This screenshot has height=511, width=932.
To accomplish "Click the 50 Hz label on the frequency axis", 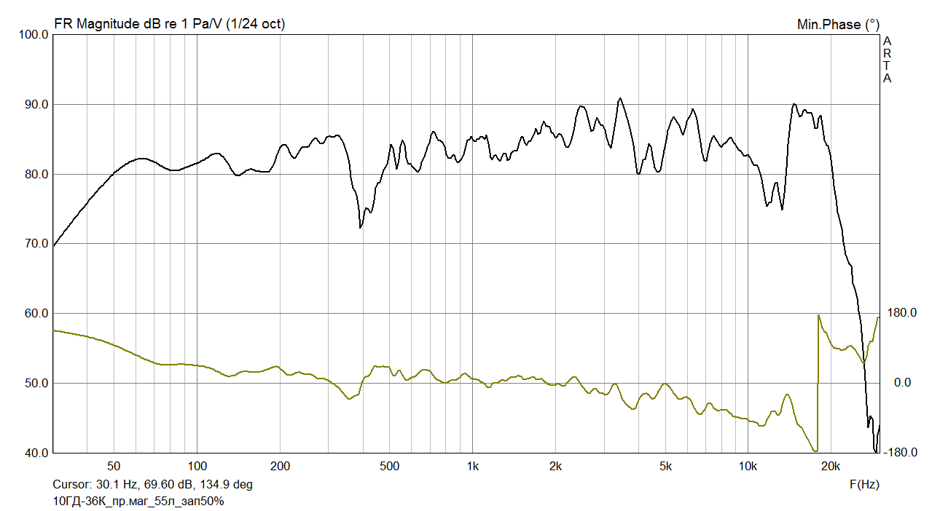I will pyautogui.click(x=113, y=466).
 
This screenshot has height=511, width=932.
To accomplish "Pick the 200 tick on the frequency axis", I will pyautogui.click(x=280, y=466).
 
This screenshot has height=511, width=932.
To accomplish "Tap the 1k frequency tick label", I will pyautogui.click(x=472, y=466).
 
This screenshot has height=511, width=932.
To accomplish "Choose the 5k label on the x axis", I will pyautogui.click(x=665, y=466).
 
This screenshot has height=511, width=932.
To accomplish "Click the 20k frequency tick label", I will pyautogui.click(x=831, y=466).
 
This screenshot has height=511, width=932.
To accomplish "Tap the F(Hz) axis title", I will pyautogui.click(x=864, y=483).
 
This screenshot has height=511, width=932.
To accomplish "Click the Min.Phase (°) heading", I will pyautogui.click(x=838, y=24).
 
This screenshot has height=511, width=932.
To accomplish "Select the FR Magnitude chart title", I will pyautogui.click(x=169, y=24).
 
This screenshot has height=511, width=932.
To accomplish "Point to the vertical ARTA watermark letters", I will pyautogui.click(x=887, y=60).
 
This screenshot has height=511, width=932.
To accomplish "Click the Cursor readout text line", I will pyautogui.click(x=152, y=484).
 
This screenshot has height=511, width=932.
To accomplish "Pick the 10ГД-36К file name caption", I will pyautogui.click(x=138, y=501).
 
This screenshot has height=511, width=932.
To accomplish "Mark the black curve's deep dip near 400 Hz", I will pyautogui.click(x=361, y=227).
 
